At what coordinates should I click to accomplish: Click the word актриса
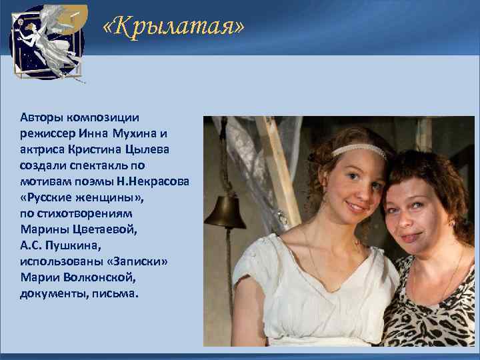point(43,149)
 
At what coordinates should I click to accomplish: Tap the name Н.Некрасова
point(153,181)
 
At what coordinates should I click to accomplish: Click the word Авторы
point(40,116)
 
